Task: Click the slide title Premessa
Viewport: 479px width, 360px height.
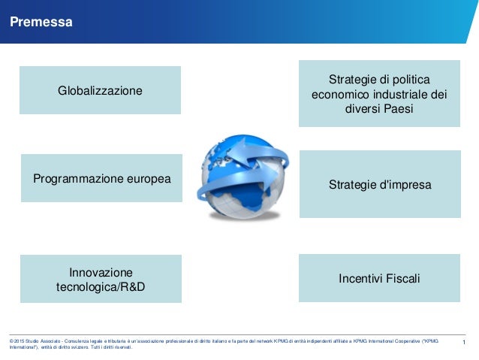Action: (x=41, y=23)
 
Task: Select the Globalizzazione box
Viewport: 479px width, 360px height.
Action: (x=100, y=90)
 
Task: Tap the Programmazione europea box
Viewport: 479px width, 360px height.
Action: (x=101, y=179)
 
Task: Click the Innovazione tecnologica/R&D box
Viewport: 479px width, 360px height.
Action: (x=101, y=279)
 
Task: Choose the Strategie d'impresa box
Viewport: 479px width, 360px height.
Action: (x=380, y=184)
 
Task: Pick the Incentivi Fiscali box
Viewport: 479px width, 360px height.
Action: (x=379, y=278)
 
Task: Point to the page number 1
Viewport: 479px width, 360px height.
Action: (x=465, y=343)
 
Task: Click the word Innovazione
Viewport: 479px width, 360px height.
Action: (x=101, y=272)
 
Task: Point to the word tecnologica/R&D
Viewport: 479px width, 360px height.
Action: (x=101, y=287)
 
